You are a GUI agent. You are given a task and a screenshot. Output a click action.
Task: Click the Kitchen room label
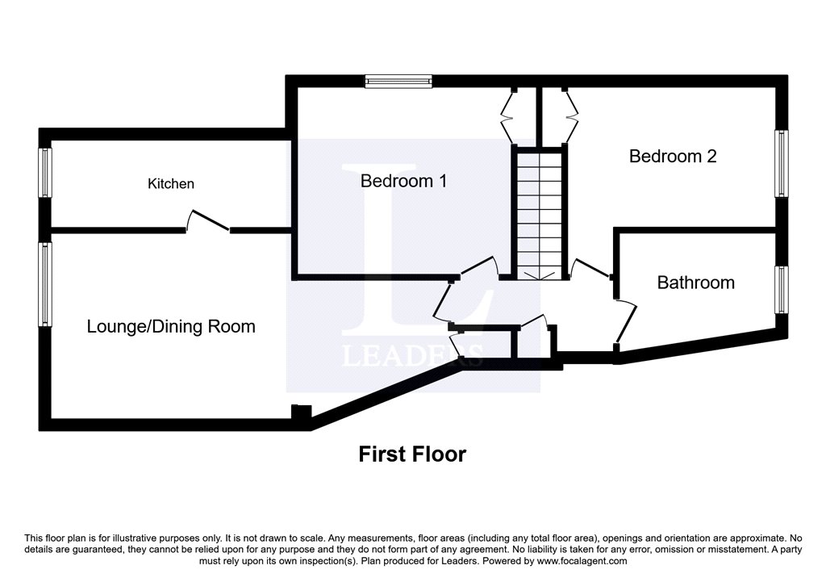(x=170, y=184)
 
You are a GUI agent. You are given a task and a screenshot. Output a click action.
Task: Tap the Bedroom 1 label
(x=403, y=181)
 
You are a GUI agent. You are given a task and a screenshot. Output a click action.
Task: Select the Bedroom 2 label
(x=673, y=156)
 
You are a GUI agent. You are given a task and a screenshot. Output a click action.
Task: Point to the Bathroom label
(x=695, y=283)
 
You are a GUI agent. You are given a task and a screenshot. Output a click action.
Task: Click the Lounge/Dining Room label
(x=171, y=326)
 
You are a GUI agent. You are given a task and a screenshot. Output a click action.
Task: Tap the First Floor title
(x=412, y=454)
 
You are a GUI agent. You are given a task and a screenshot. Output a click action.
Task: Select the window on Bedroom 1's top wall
(x=398, y=80)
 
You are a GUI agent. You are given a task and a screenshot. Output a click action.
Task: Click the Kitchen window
(x=46, y=173)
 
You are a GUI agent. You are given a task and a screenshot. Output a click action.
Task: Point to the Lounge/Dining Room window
(x=46, y=284)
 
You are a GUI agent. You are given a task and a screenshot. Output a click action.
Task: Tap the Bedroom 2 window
(x=781, y=163)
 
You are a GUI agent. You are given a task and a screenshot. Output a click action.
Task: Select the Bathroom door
(x=625, y=319)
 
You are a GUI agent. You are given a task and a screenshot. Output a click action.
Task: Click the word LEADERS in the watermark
(x=413, y=355)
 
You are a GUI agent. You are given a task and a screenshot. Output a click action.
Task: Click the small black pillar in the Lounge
(x=300, y=413)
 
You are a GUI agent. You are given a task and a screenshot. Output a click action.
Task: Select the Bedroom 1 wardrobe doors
(x=510, y=117)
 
